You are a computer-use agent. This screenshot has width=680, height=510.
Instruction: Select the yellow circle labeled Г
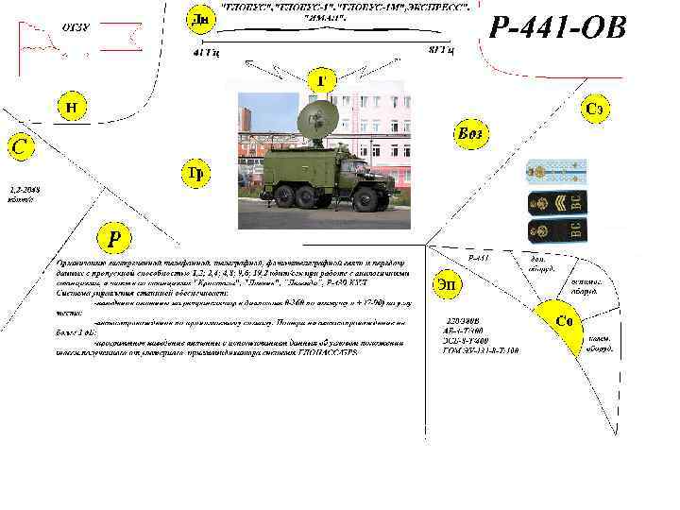click(x=321, y=81)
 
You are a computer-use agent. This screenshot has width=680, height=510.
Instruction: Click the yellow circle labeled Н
click(x=71, y=107)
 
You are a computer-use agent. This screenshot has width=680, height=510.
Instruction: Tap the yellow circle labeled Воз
click(x=468, y=133)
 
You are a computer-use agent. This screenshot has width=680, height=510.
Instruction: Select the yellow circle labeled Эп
click(x=447, y=284)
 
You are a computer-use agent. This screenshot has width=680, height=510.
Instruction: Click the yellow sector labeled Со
click(x=565, y=321)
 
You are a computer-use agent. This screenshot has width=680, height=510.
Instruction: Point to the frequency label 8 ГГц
click(x=440, y=49)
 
